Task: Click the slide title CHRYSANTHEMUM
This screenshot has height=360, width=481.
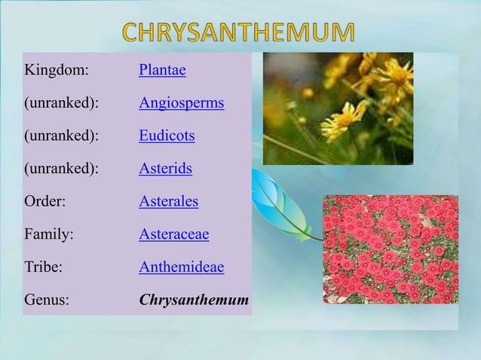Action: (x=238, y=32)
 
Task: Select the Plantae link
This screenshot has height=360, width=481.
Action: (x=162, y=71)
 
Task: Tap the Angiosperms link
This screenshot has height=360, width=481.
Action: (x=181, y=103)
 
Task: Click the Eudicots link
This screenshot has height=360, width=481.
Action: (x=167, y=136)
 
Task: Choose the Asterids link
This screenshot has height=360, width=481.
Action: (x=165, y=169)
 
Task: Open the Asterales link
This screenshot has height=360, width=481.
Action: (x=168, y=202)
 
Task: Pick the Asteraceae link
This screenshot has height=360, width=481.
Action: (x=173, y=235)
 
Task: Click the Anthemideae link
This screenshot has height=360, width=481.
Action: (x=181, y=267)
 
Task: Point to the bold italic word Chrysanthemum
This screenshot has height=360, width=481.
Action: (x=194, y=301)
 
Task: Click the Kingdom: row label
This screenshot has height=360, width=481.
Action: (x=57, y=71)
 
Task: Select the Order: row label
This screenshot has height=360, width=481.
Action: (x=45, y=202)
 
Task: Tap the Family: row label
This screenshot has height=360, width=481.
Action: (x=49, y=235)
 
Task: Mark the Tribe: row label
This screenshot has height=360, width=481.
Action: (x=44, y=267)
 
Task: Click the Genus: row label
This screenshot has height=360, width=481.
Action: (x=47, y=301)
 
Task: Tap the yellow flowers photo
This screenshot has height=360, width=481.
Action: (x=338, y=108)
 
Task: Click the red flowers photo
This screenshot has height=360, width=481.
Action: (x=391, y=249)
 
